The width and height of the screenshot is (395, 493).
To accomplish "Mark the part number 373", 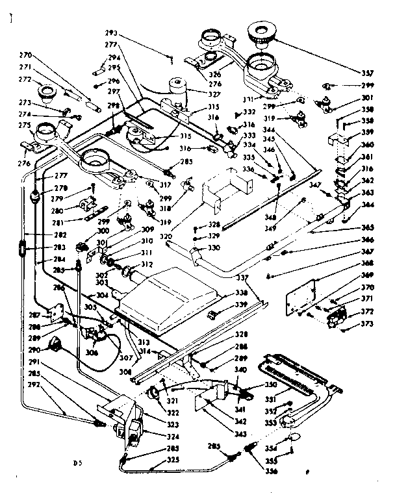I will (368, 323).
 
